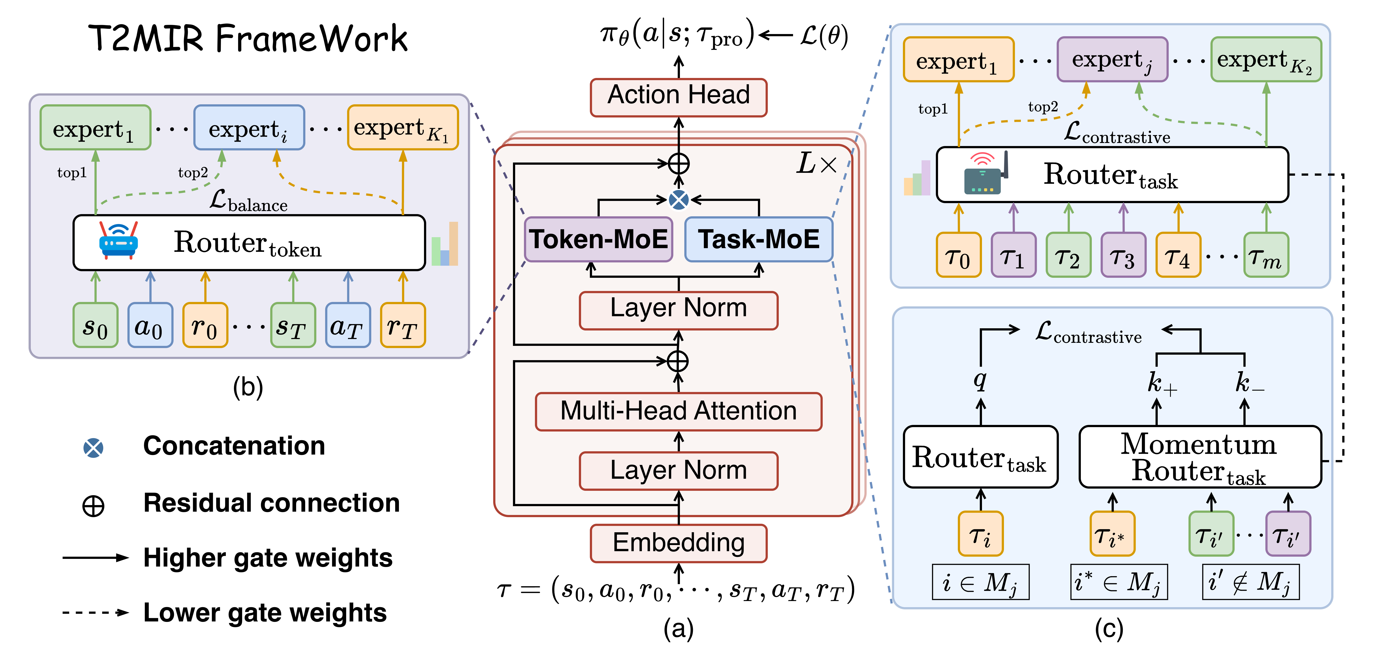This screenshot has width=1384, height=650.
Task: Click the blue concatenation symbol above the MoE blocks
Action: tap(679, 200)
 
